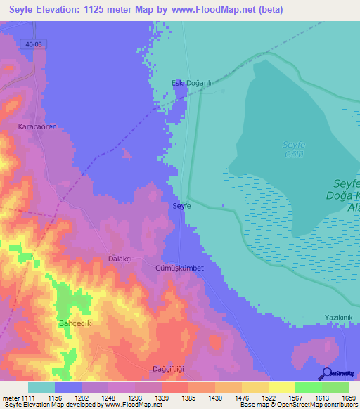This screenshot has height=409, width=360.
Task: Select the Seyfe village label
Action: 181,206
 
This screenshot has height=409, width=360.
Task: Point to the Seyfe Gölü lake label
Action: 292,150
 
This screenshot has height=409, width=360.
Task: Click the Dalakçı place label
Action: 120,259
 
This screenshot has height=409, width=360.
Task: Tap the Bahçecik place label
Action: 75,323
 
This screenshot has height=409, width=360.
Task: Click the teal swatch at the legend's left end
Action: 41,387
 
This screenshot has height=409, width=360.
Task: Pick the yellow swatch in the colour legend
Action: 281,387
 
